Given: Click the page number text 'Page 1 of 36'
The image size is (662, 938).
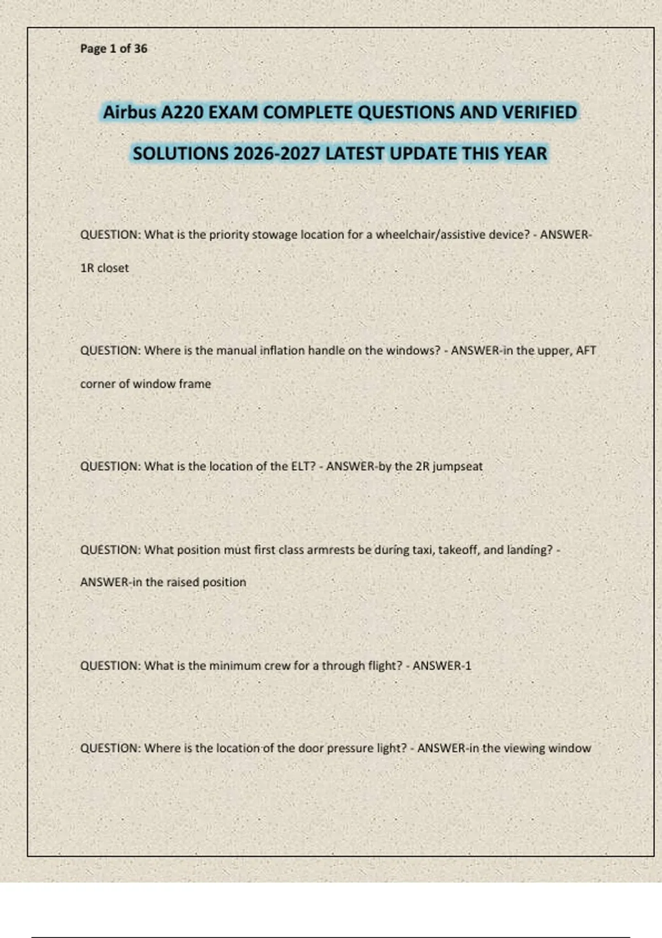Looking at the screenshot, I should [114, 49].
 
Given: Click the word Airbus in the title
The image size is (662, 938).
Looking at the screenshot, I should [130, 113].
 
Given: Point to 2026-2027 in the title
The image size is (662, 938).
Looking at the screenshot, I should [277, 153].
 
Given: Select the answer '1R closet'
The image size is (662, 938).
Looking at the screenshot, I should [104, 268].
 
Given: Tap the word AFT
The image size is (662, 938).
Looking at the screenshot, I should [586, 350].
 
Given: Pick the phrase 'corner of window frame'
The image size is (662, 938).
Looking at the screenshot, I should [146, 384].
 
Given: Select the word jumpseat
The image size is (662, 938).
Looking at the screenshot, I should [458, 466].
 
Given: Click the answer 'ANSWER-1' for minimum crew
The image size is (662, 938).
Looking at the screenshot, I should [442, 666].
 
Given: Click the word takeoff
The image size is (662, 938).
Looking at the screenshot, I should [458, 550].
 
